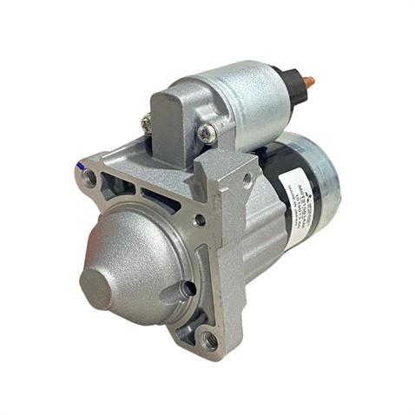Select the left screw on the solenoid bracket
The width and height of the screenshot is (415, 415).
[x=147, y=125]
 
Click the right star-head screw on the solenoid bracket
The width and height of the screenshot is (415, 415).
[x=207, y=132]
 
